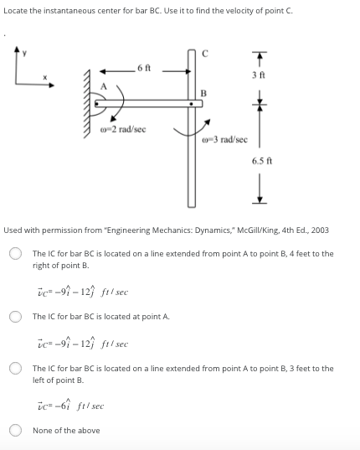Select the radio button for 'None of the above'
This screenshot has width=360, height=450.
[15, 431]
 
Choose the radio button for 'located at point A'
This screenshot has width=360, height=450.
[15, 317]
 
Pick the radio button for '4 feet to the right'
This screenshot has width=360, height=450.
[15, 254]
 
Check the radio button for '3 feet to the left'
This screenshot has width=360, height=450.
[15, 369]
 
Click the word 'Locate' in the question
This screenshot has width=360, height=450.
[17, 8]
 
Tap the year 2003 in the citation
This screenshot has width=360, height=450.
[318, 229]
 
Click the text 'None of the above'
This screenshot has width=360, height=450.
[66, 431]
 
